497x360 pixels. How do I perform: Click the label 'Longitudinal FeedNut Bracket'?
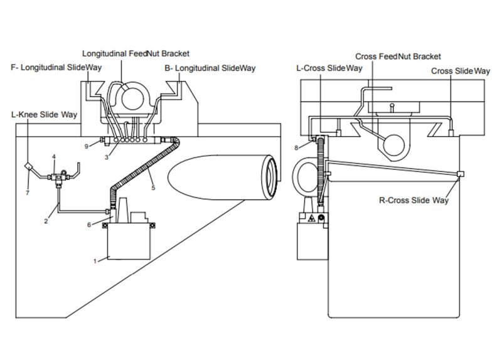coord(136,54)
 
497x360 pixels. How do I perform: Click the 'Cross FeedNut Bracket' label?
coord(398,56)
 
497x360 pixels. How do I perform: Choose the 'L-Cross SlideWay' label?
coord(329,68)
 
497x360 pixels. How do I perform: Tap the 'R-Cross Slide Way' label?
coord(415,201)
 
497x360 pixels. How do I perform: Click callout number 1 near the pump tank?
coord(95,260)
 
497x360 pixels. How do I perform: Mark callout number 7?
coord(27,193)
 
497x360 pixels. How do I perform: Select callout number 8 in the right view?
coord(296,148)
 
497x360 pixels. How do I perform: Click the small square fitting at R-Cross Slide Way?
coord(460,174)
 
